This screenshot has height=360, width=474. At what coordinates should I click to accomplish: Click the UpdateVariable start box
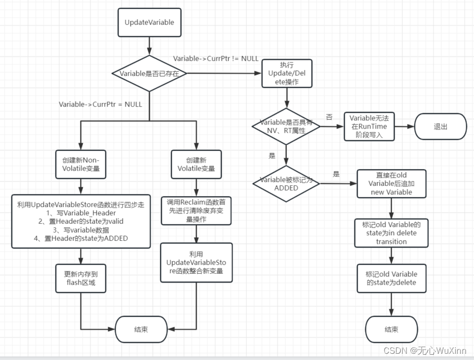tap(149, 22)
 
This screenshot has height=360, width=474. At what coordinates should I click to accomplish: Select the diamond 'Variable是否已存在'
tap(149, 73)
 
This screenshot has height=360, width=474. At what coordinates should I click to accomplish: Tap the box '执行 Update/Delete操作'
tap(286, 73)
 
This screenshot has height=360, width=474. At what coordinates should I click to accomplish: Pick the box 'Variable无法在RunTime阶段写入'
tap(369, 126)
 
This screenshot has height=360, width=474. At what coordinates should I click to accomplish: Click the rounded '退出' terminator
tap(439, 126)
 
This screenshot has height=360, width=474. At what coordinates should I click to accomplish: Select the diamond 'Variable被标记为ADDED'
tap(286, 183)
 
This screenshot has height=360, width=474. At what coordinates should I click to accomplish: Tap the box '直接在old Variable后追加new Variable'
tap(391, 183)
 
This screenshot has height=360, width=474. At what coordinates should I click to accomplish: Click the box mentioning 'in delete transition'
tap(391, 233)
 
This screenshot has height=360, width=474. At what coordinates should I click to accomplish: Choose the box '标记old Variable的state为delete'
tap(391, 278)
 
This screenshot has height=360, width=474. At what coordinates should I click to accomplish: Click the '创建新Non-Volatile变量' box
tap(81, 164)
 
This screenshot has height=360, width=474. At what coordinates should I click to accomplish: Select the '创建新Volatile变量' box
tap(196, 164)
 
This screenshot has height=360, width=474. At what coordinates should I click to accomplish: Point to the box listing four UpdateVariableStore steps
tap(81, 221)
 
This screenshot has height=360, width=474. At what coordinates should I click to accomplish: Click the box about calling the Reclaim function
tap(196, 210)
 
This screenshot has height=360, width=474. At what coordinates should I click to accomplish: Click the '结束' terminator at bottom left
tap(141, 329)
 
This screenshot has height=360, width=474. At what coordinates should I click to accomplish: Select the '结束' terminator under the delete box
tap(391, 329)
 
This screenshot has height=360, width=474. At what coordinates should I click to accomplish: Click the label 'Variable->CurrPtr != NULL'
tap(216, 58)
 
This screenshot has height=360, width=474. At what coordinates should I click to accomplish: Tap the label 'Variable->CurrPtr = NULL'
tap(100, 105)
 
